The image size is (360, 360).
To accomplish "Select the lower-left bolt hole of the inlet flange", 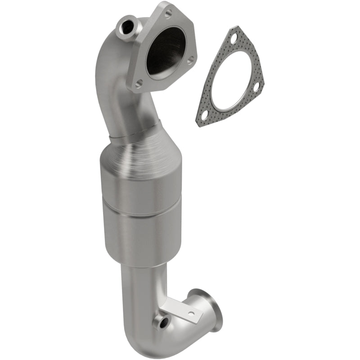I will coord(139,83).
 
